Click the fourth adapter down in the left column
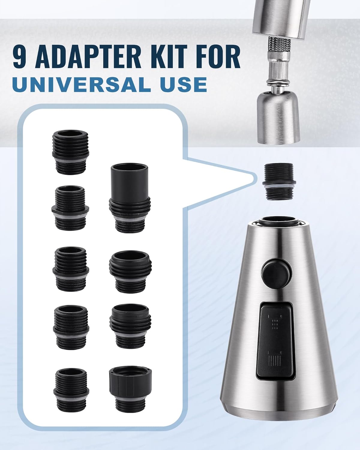point(71,327)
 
